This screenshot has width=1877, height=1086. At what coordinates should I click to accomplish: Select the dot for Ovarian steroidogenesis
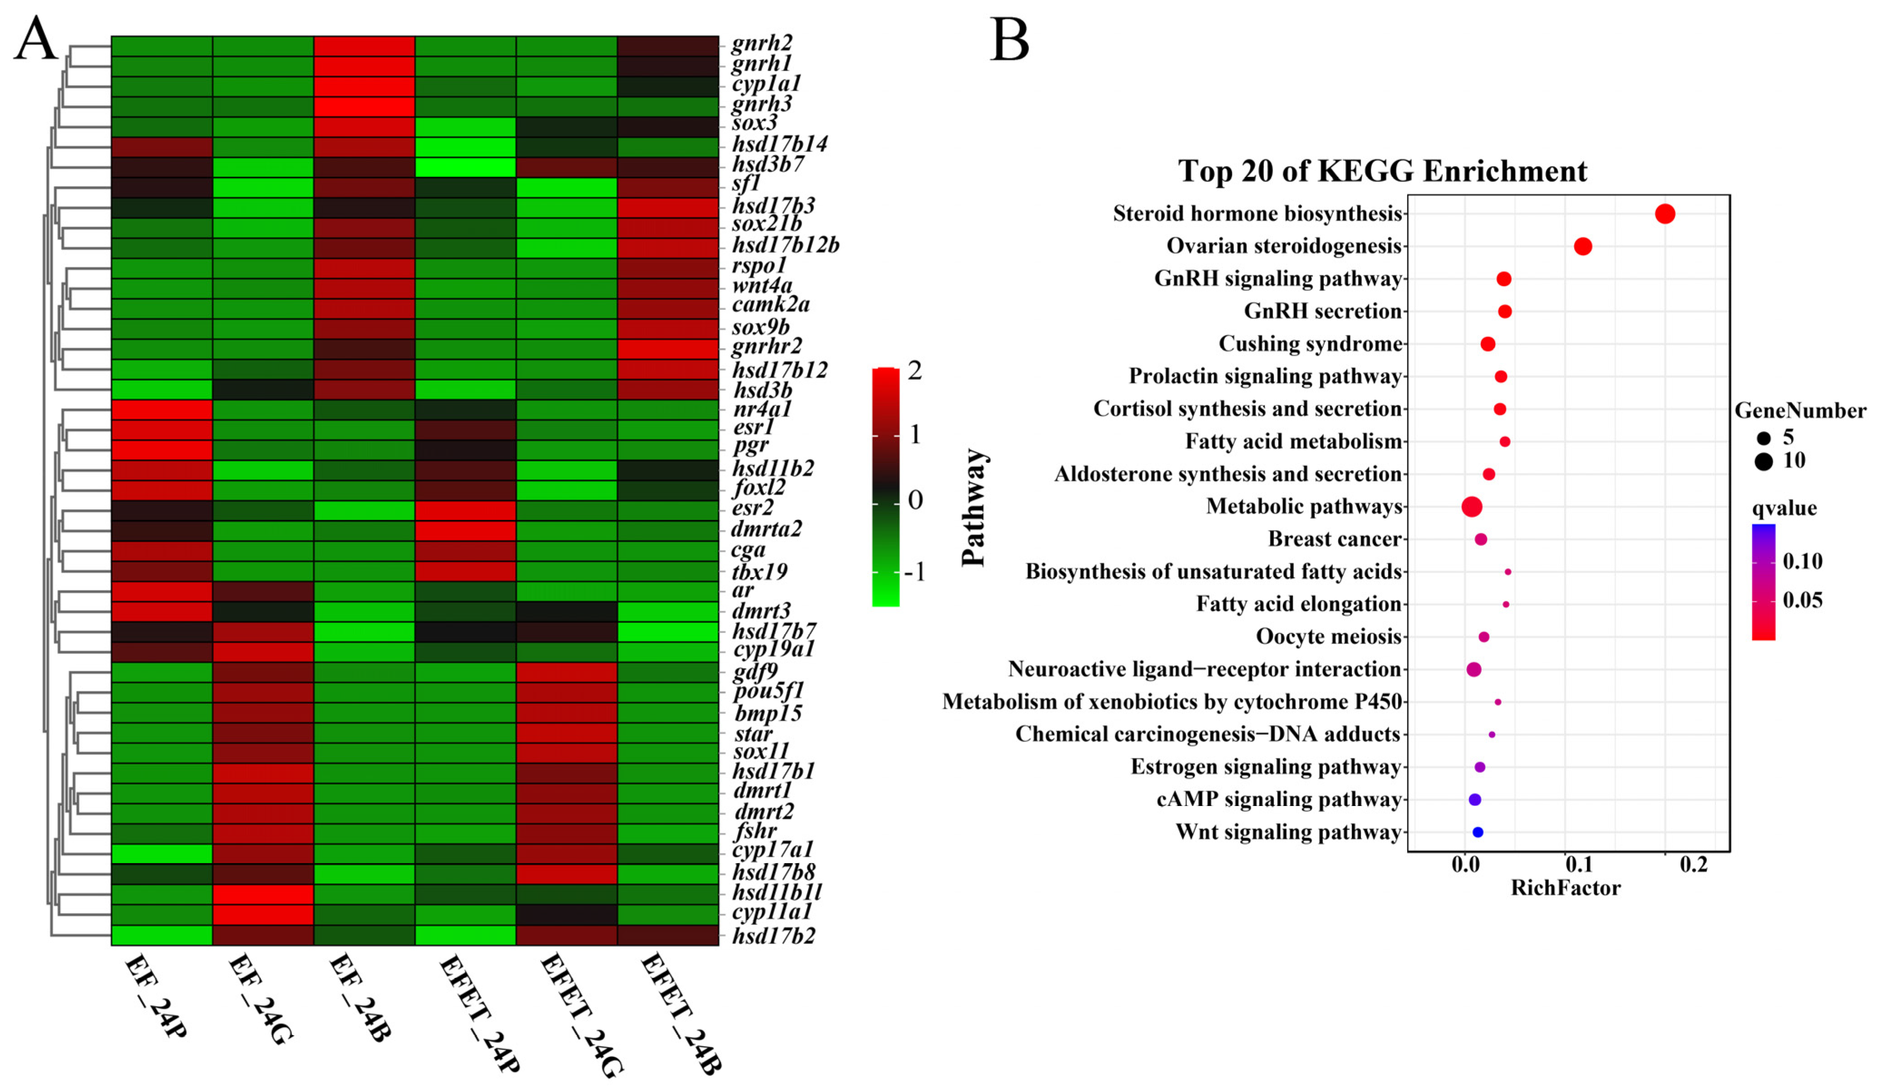pyautogui.click(x=1583, y=246)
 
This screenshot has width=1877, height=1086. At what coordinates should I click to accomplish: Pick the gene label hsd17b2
pyautogui.click(x=773, y=935)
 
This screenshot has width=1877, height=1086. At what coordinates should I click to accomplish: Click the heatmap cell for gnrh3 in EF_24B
pyautogui.click(x=364, y=107)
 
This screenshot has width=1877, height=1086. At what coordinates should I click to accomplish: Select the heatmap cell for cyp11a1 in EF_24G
pyautogui.click(x=263, y=915)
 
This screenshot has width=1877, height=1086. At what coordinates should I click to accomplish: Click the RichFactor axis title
pyautogui.click(x=1565, y=888)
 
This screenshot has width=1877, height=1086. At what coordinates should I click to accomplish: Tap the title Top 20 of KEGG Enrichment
pyautogui.click(x=1382, y=171)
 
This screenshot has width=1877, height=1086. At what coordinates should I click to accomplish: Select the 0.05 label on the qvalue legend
pyautogui.click(x=1803, y=600)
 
